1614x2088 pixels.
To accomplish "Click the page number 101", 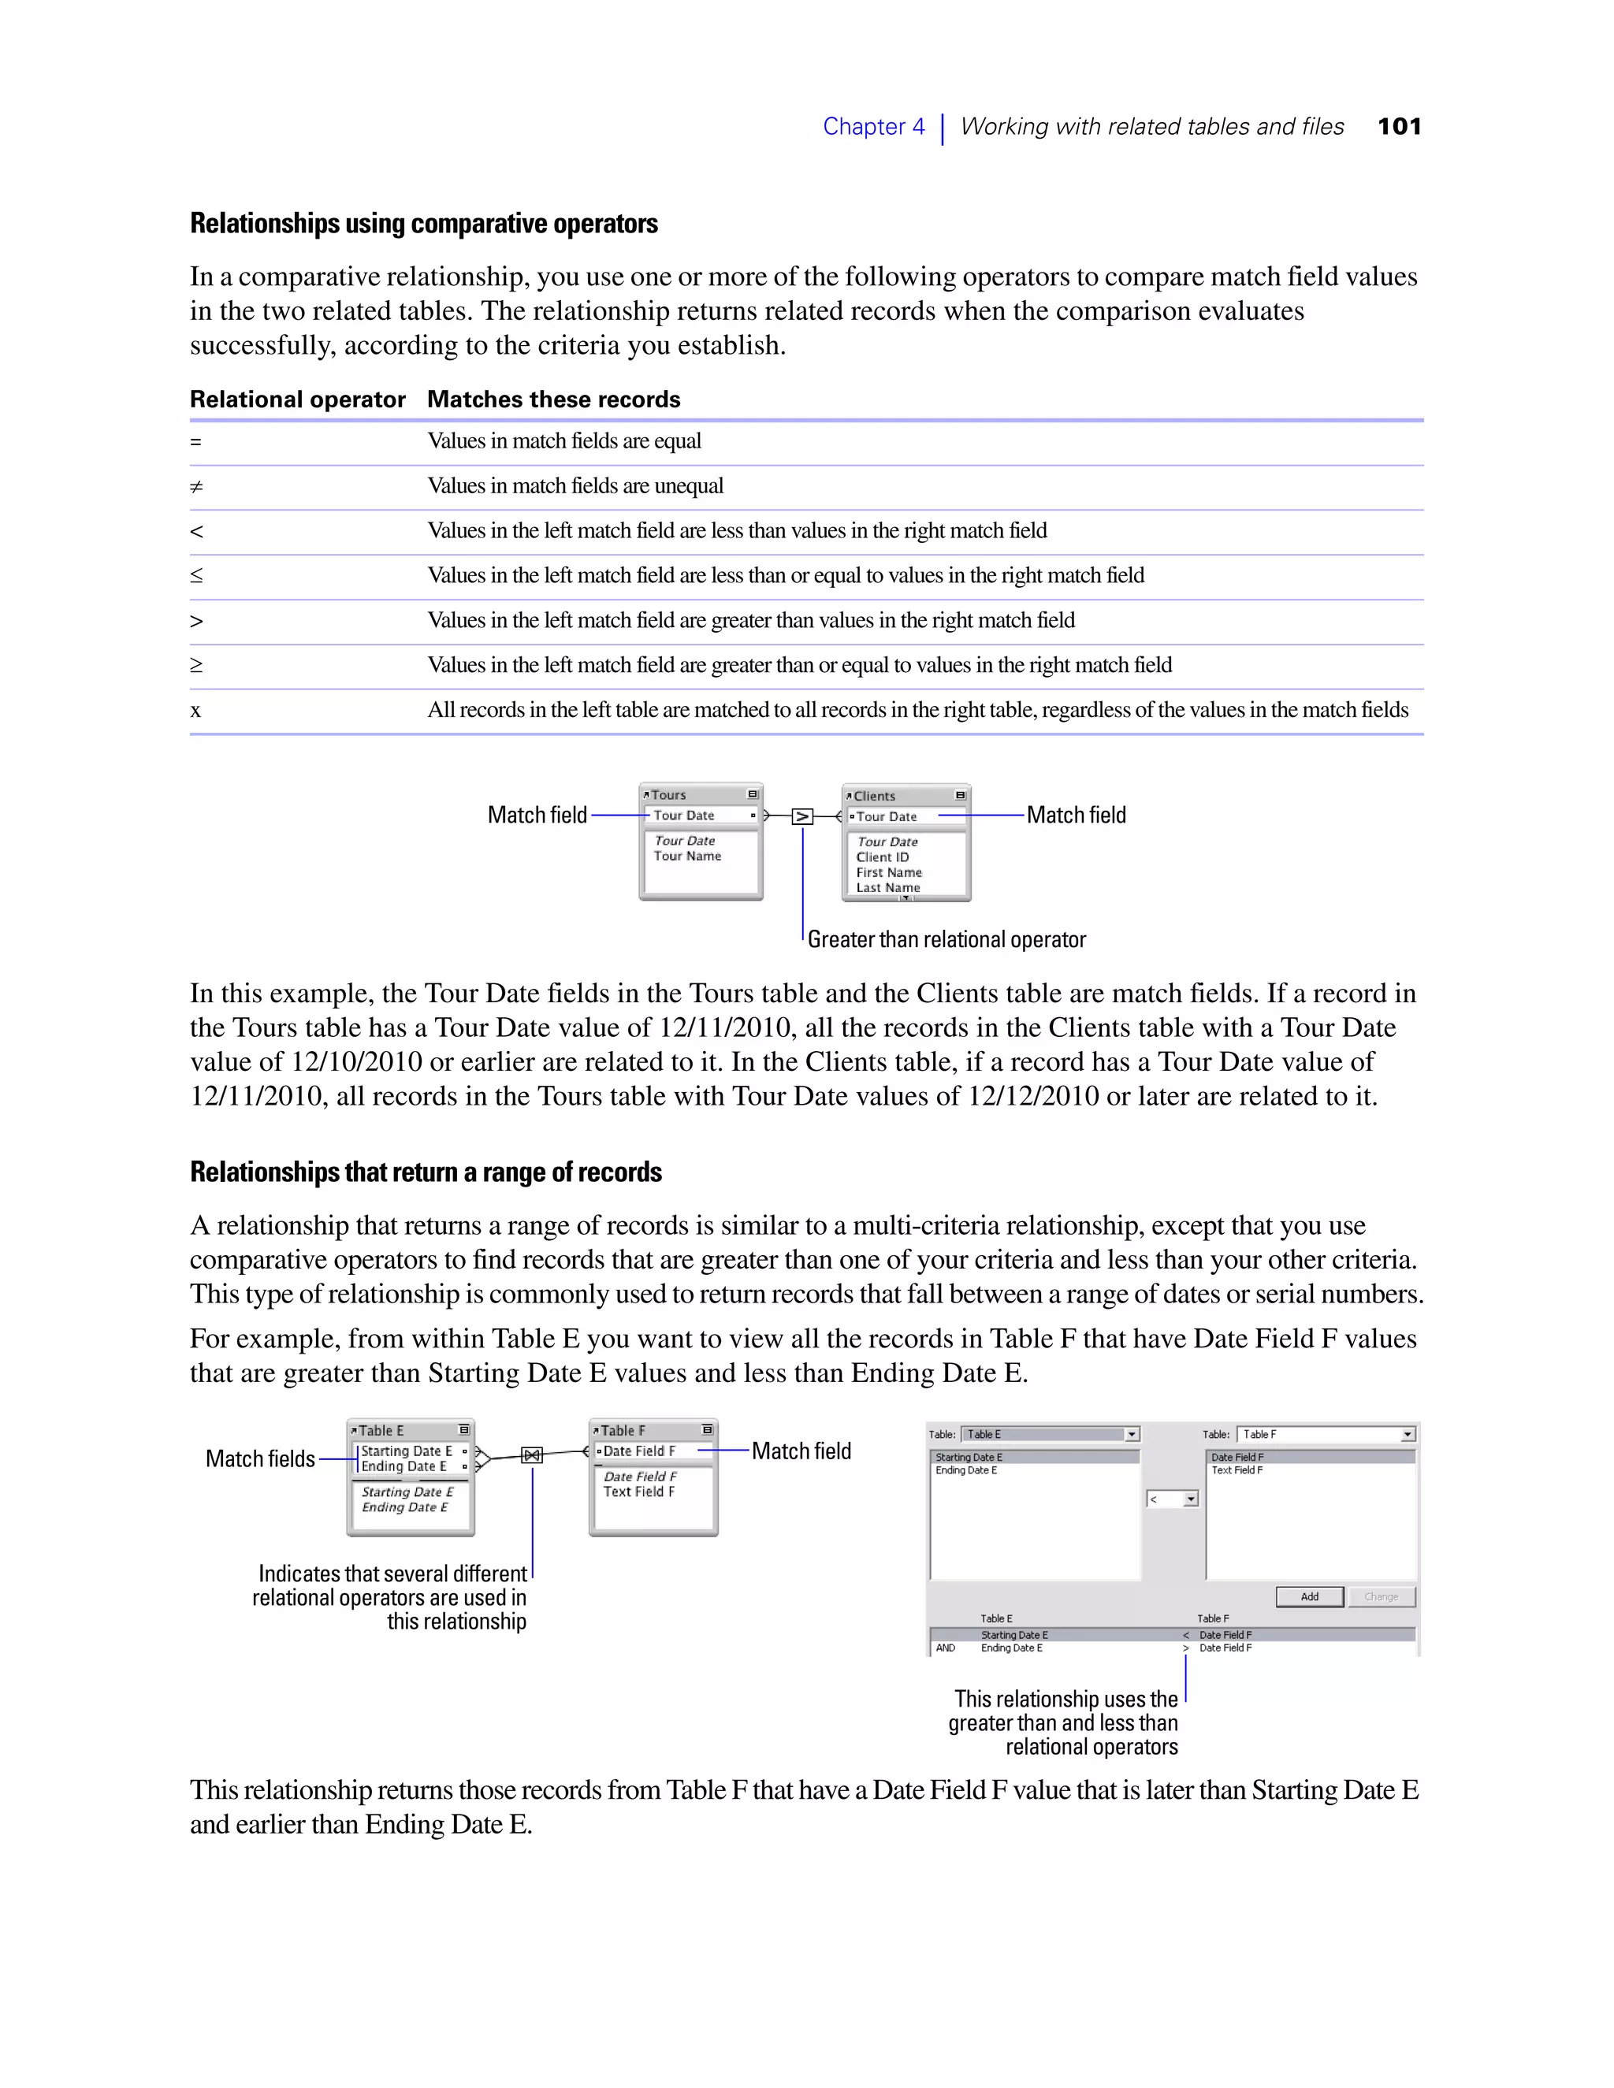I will tap(1399, 126).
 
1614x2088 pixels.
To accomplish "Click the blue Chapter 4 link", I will tap(873, 126).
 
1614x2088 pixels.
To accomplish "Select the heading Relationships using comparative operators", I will tap(423, 224).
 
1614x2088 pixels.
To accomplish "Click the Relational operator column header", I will tap(297, 399).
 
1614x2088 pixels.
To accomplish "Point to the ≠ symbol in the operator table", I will tap(196, 487).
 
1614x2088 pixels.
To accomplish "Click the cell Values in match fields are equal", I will tap(564, 440).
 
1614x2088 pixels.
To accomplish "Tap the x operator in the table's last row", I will tap(195, 711).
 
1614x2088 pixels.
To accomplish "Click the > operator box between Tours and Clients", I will tap(802, 816).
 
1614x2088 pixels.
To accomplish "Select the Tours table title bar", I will tap(699, 794).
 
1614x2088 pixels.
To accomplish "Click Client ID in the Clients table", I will tap(882, 857).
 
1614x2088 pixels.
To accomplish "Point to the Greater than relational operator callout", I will tap(946, 940).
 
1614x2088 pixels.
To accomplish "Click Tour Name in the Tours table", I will tap(686, 856).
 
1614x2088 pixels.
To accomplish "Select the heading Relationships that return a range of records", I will tap(426, 1172).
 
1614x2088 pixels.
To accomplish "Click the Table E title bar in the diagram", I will tap(409, 1430).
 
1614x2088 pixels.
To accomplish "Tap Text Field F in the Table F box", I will tap(638, 1492).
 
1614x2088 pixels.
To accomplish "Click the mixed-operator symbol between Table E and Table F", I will tap(532, 1455).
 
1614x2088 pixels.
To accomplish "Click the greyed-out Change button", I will tap(1381, 1596).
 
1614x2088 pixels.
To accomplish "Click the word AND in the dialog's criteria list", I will tap(945, 1648).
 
